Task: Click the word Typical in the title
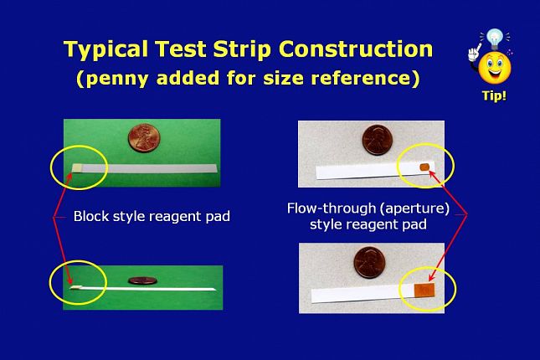(x=105, y=49)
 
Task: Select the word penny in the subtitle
(x=117, y=78)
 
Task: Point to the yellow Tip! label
(x=494, y=95)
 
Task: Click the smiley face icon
(x=495, y=68)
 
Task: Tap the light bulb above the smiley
(x=495, y=39)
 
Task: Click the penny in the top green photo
(x=144, y=138)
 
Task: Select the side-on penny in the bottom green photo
(x=142, y=280)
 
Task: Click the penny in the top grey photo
(x=378, y=140)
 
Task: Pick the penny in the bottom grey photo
(x=369, y=263)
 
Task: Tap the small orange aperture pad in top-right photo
(x=424, y=167)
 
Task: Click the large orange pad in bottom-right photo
(x=424, y=291)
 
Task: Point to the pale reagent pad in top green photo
(x=77, y=167)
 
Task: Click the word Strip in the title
(x=242, y=49)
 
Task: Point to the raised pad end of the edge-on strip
(x=75, y=287)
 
